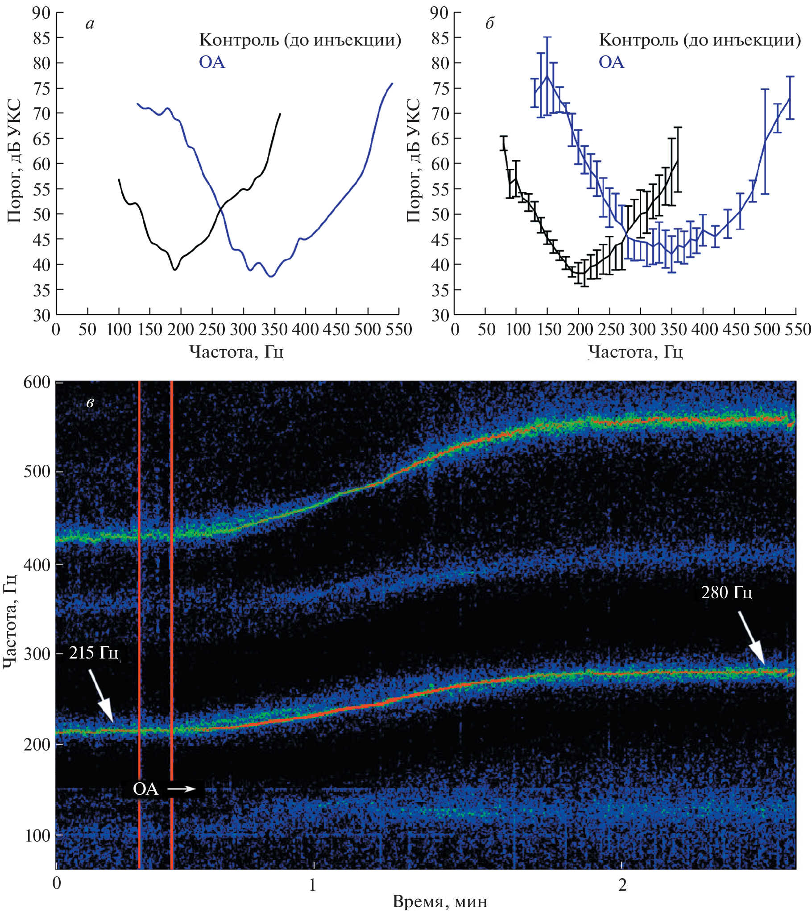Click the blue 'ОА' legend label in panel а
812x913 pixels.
[211, 62]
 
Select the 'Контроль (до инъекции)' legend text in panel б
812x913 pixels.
[700, 40]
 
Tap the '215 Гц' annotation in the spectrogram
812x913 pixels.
[94, 653]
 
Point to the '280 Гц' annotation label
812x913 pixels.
[726, 592]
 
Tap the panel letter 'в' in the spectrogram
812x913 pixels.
[90, 403]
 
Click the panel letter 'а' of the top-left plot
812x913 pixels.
[90, 24]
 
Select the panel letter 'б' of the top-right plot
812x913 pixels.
[489, 23]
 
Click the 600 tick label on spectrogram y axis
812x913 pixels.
[37, 383]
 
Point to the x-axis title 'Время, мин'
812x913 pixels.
[440, 901]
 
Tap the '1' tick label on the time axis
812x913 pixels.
[312, 885]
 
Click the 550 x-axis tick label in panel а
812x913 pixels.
[398, 329]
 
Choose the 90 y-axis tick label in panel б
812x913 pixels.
[439, 13]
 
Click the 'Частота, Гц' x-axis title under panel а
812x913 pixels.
[236, 351]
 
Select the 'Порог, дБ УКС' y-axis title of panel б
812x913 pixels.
[414, 161]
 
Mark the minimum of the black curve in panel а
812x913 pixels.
[175, 270]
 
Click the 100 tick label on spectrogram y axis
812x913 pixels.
[37, 835]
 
